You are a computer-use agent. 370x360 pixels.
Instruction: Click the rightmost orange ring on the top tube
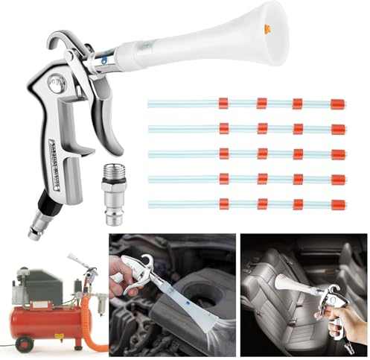tap(337, 104)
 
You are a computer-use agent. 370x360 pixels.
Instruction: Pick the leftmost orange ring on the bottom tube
tap(223, 203)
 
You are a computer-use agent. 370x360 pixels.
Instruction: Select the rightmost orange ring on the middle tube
tap(338, 154)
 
